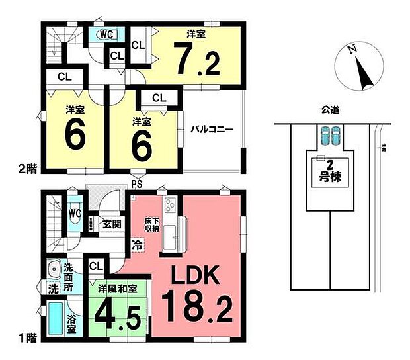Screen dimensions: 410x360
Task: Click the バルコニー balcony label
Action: click(x=212, y=130)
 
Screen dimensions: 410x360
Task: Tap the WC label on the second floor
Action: click(x=106, y=33)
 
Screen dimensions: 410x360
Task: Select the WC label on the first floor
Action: click(x=75, y=214)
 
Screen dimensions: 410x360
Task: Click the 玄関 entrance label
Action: click(x=110, y=224)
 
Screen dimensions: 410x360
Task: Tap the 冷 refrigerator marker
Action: click(x=138, y=244)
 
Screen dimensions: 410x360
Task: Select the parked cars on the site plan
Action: click(x=327, y=137)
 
